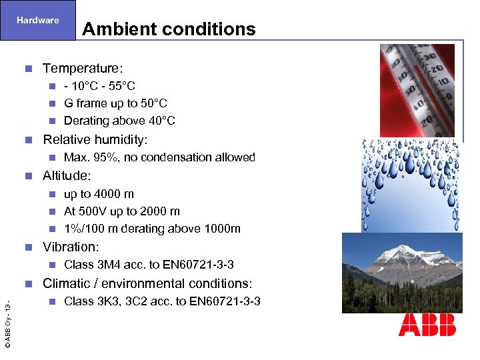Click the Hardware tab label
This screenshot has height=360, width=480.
click(38, 20)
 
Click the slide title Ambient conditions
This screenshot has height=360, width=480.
click(169, 29)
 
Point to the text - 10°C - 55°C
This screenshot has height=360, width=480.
click(99, 86)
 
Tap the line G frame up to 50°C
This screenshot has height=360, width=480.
click(115, 103)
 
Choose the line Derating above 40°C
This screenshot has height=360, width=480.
click(119, 121)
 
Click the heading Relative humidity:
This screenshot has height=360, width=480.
click(95, 139)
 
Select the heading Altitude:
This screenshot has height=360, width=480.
click(67, 175)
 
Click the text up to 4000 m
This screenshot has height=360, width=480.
click(99, 194)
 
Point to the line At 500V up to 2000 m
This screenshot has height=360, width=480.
click(121, 211)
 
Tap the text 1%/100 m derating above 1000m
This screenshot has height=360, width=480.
click(152, 229)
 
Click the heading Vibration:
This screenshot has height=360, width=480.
click(71, 247)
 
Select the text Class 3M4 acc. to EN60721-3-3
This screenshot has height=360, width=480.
click(149, 265)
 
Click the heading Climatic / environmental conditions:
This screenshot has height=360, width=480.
click(147, 283)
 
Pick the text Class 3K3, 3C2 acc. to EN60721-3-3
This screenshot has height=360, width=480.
click(162, 301)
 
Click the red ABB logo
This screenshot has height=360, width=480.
click(427, 324)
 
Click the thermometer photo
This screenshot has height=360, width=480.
click(417, 90)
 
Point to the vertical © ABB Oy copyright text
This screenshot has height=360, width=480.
click(7, 325)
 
